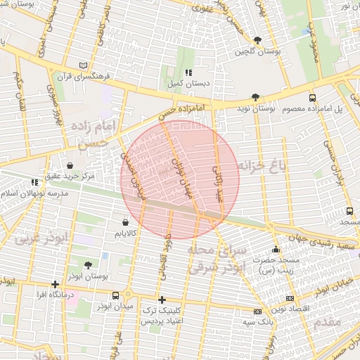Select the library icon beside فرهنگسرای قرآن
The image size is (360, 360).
coord(85,65)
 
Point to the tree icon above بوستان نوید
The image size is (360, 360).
coord(255,98)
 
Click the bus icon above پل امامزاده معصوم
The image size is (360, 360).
coord(312,98)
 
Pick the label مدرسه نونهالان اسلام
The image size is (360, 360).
coord(35,193)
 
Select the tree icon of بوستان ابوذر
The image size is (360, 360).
coord(87,265)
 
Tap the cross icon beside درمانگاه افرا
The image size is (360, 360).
coord(55,285)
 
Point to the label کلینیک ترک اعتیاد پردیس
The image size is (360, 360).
coord(160,315)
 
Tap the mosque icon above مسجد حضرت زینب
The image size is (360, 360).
coord(275,249)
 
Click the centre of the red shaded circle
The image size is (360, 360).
coord(180,180)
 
